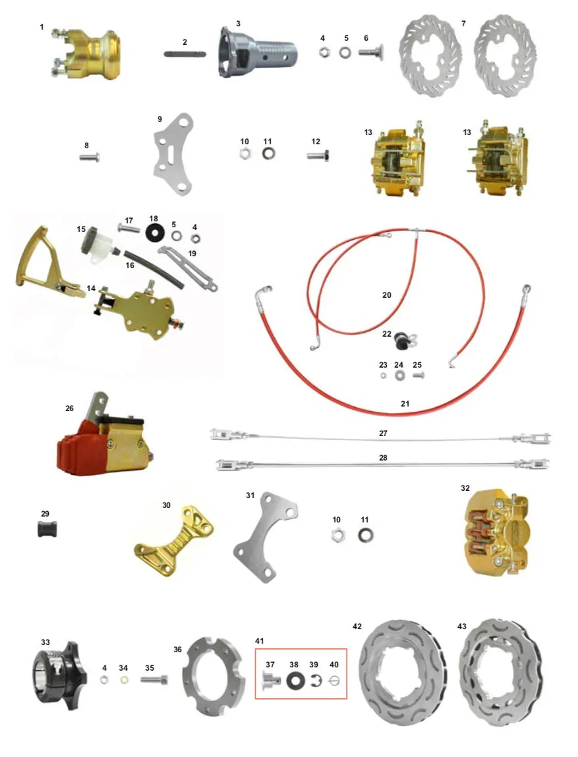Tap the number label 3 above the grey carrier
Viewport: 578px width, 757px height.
[238, 24]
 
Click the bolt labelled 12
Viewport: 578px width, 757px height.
[318, 157]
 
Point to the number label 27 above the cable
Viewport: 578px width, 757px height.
[383, 434]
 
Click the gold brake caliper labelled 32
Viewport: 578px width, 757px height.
[499, 534]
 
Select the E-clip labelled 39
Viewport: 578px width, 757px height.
[314, 680]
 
